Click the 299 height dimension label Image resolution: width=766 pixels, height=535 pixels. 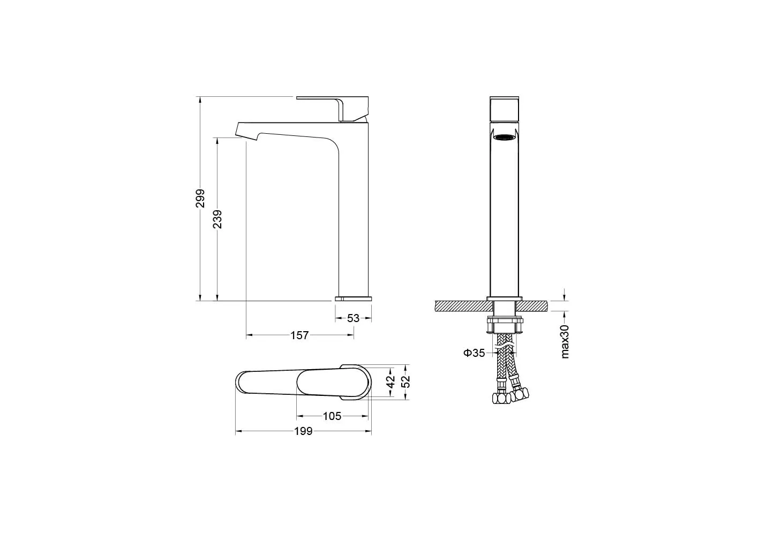tap(200, 198)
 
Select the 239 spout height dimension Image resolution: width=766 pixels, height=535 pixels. tap(217, 219)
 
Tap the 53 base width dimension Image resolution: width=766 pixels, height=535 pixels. tap(353, 318)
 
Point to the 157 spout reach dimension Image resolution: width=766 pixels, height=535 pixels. tap(299, 335)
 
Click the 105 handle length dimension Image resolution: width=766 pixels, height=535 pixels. tap(332, 416)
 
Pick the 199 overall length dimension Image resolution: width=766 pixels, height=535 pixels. tap(303, 432)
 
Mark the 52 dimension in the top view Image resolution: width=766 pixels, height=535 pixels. tap(405, 381)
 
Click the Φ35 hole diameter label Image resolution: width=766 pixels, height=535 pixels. tap(474, 353)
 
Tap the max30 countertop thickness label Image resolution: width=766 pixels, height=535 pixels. tap(565, 342)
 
